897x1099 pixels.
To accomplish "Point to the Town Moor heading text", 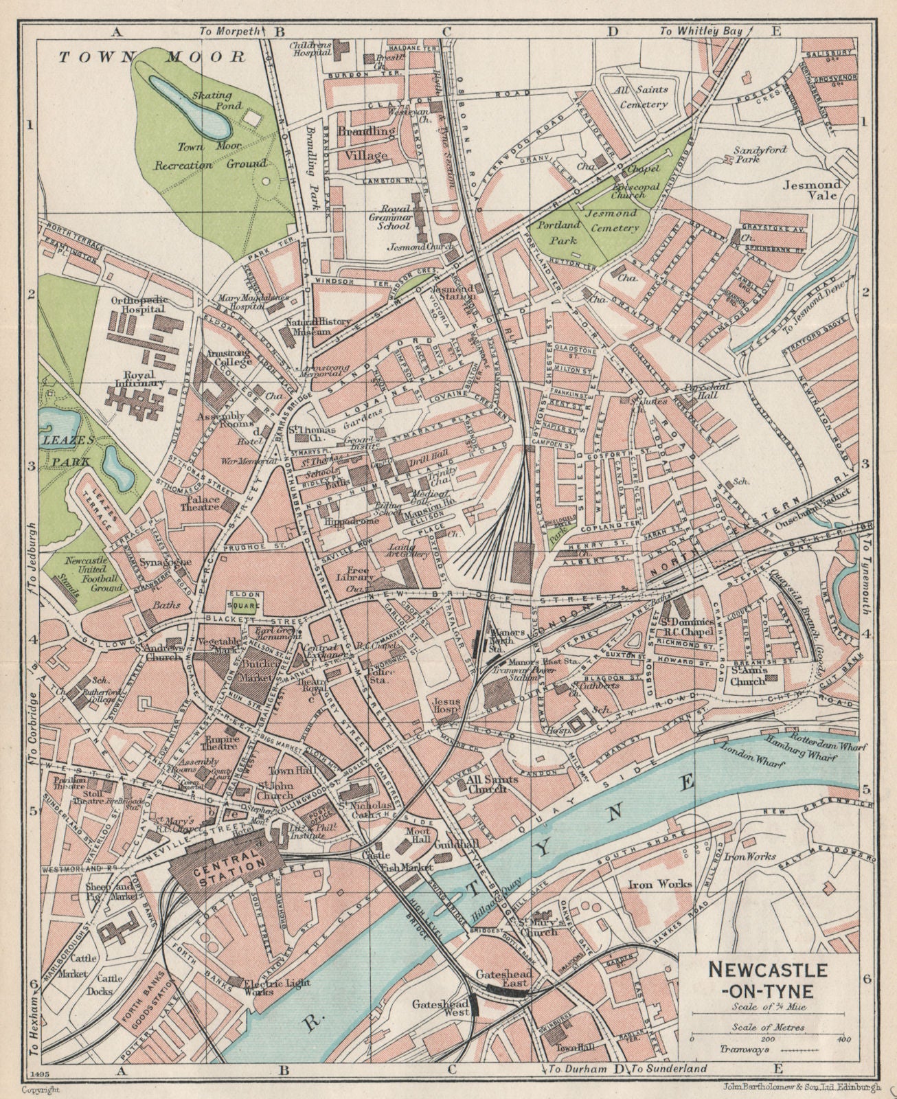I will pos(151,58).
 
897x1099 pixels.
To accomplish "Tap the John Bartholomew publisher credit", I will pos(782,1087).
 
